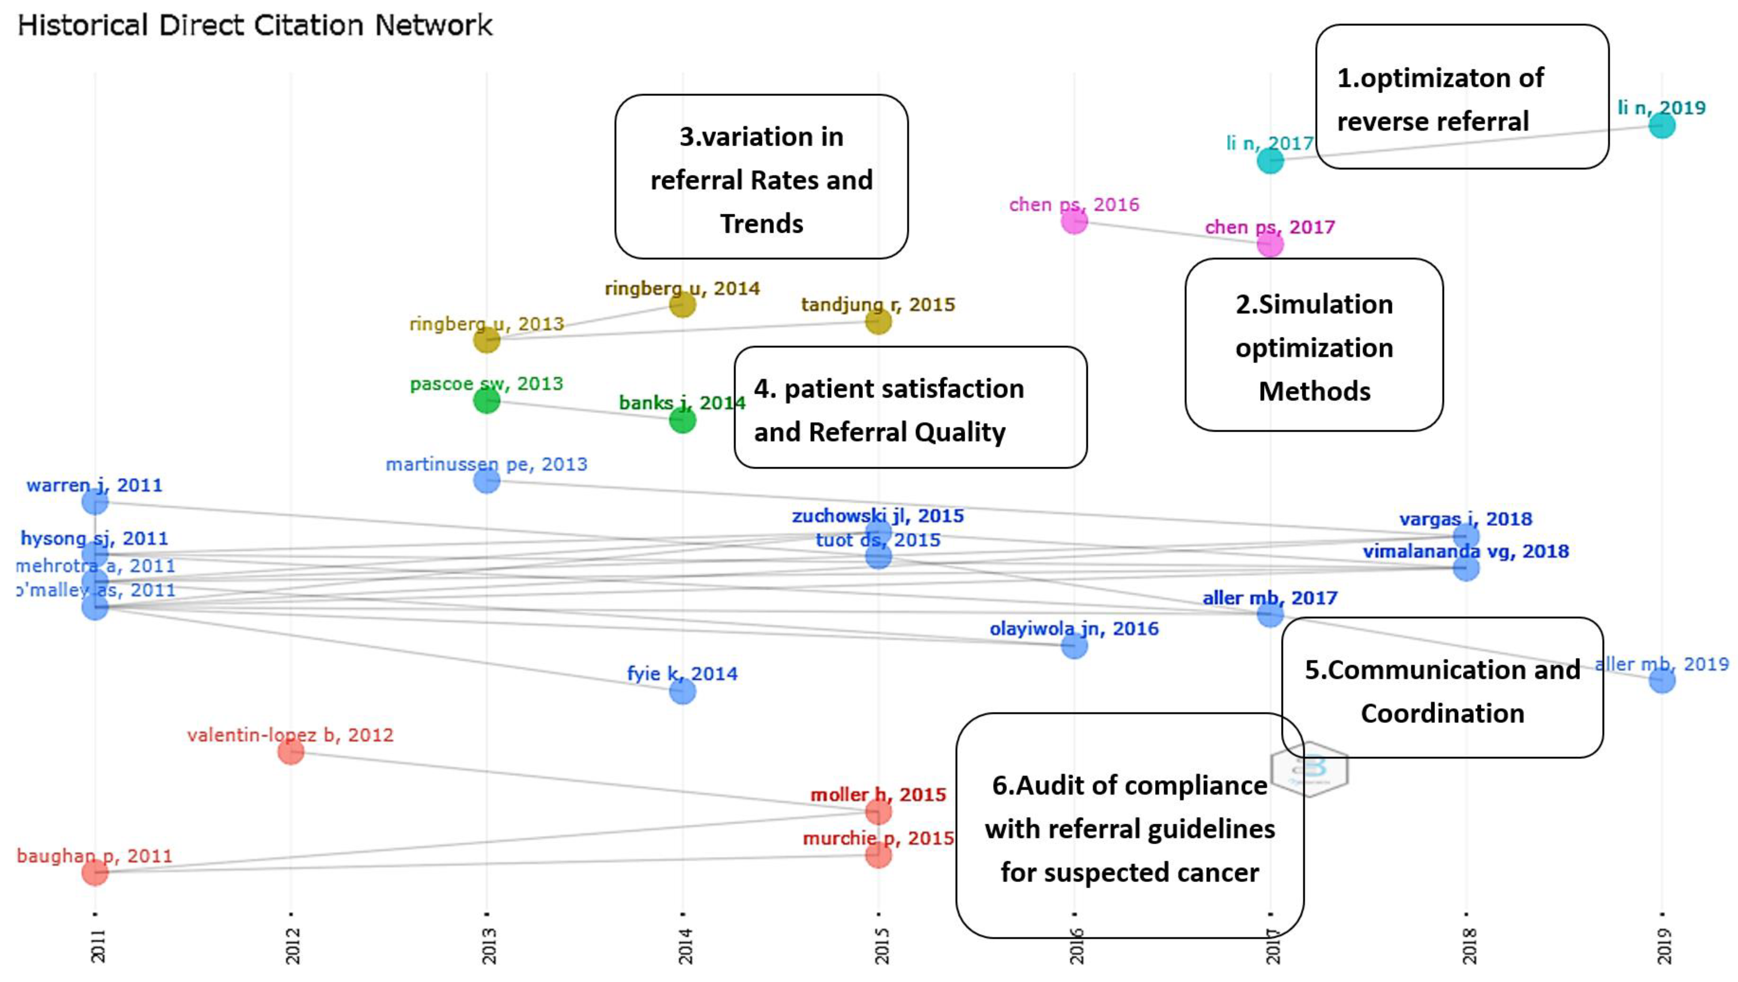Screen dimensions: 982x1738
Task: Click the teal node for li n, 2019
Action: point(1662,126)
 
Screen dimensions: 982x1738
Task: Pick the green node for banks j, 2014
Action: point(682,420)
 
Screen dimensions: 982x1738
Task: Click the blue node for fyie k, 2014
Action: point(682,691)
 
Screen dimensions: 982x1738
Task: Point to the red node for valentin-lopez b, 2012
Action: point(291,751)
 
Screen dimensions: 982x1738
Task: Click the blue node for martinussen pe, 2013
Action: point(486,480)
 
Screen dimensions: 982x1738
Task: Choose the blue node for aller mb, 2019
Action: point(1662,680)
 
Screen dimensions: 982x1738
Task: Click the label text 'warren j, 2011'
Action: point(94,485)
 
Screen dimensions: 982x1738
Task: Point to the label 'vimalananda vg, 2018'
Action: point(1465,551)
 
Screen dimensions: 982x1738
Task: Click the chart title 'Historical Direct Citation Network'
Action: point(255,26)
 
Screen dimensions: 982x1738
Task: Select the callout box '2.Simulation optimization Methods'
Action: point(1314,345)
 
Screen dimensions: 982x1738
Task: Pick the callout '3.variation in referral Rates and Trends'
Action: point(761,177)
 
